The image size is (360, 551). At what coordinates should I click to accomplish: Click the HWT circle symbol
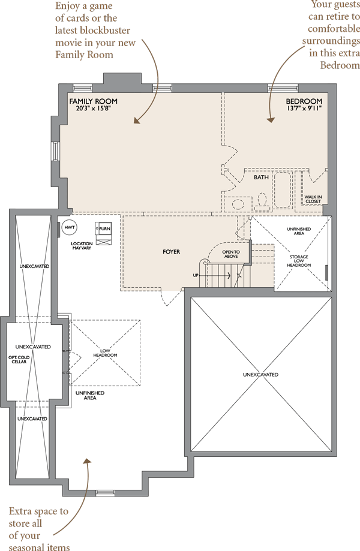[70, 227]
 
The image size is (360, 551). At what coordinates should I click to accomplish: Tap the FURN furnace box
[103, 229]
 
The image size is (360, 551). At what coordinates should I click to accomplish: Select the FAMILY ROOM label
[93, 101]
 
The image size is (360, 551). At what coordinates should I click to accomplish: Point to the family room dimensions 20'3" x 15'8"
[94, 109]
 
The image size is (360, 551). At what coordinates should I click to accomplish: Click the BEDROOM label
[304, 101]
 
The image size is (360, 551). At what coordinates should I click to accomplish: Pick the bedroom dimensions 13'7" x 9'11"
[304, 109]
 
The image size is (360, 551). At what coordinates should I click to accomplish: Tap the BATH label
[261, 177]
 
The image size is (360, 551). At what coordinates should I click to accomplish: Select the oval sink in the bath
[239, 204]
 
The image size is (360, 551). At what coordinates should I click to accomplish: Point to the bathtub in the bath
[283, 189]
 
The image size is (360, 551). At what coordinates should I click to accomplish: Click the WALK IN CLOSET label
[313, 199]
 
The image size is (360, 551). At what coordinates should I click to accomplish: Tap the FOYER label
[171, 252]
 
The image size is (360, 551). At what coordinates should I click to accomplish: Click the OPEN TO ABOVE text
[231, 254]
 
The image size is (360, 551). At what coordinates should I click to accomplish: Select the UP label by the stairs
[196, 275]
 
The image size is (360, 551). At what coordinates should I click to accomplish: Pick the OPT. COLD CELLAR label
[19, 360]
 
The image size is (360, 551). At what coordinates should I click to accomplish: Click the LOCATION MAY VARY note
[82, 246]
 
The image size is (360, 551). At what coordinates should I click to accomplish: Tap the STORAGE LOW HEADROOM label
[299, 261]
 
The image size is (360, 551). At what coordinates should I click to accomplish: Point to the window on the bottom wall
[105, 493]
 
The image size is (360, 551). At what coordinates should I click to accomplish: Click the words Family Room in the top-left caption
[85, 55]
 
